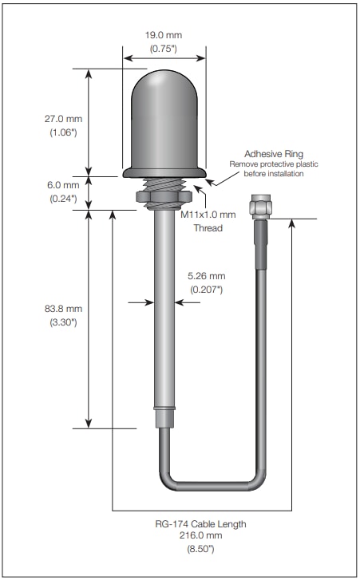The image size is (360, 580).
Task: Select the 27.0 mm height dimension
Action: [x=61, y=118]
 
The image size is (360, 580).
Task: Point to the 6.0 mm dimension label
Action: [x=61, y=184]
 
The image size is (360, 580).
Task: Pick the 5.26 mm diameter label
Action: [x=207, y=277]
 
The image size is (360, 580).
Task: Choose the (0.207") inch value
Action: [x=207, y=290]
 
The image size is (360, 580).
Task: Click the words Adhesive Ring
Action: [x=274, y=153]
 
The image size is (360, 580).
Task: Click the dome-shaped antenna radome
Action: [x=164, y=120]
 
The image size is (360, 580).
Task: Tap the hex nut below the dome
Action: [x=164, y=196]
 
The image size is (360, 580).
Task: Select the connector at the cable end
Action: [x=259, y=207]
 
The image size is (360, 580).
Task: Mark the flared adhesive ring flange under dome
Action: [x=164, y=172]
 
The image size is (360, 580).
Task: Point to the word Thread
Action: [x=208, y=228]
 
